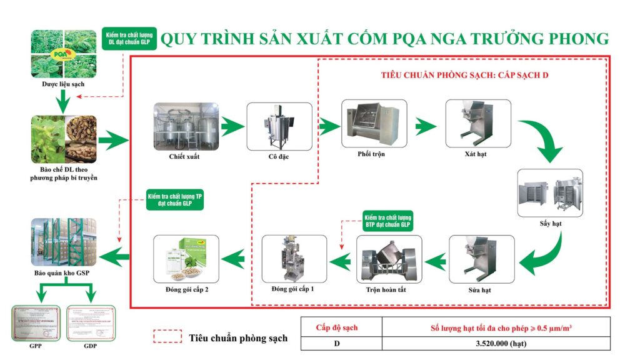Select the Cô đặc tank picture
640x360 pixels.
(x=279, y=127)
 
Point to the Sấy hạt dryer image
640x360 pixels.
(x=550, y=192)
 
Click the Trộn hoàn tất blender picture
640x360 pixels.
(x=389, y=259)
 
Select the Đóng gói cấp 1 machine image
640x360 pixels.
(x=294, y=258)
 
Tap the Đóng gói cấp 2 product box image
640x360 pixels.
(x=187, y=258)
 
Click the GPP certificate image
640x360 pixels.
(x=36, y=324)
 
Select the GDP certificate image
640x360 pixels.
(x=91, y=324)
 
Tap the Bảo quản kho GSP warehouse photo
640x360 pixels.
(x=64, y=242)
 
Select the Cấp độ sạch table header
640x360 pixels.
(x=341, y=327)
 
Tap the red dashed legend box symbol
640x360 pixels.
(x=166, y=337)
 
